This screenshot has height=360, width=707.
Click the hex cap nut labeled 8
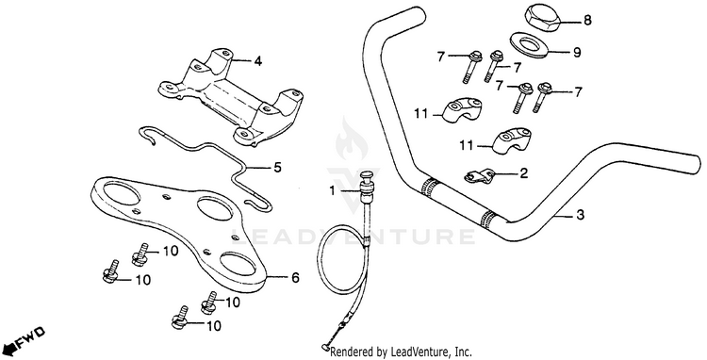point(543,19)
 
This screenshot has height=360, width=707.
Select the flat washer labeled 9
point(530,45)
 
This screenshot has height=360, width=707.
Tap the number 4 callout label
point(257,61)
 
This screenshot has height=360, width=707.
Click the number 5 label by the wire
point(277,168)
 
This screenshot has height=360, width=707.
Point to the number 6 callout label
point(295,278)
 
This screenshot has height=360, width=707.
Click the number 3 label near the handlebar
point(581,215)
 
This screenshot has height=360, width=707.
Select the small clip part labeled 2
point(479,175)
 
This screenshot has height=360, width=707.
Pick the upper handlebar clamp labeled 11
point(457,111)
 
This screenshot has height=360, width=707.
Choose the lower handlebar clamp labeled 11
point(509,141)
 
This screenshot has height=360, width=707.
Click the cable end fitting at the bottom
point(323,348)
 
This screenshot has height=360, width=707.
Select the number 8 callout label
point(587,21)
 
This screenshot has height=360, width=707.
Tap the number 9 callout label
point(577,53)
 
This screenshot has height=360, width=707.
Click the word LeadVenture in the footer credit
point(405,352)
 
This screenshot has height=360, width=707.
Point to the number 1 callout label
point(332,191)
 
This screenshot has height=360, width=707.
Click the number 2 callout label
point(523,173)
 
